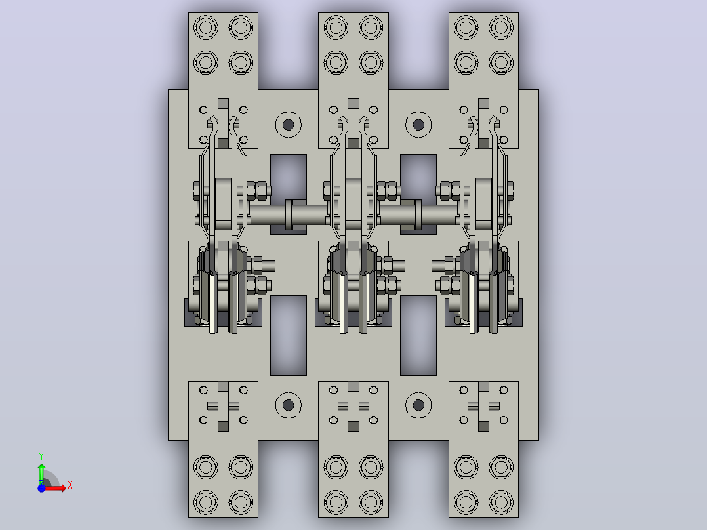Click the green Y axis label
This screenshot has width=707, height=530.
(x=41, y=457)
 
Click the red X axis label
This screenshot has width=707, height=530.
(x=70, y=485)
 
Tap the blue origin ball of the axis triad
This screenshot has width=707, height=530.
(x=41, y=488)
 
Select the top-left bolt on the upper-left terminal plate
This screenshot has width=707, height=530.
(x=206, y=28)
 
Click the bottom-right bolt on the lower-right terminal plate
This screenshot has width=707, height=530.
(x=501, y=502)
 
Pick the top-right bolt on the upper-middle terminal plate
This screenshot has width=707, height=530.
(x=371, y=28)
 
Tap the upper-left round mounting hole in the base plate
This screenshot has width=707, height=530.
(x=288, y=125)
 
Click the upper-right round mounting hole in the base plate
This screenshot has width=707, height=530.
(x=418, y=125)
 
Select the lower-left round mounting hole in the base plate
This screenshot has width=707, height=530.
(x=288, y=405)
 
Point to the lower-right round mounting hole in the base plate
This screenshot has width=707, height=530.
(x=418, y=405)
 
